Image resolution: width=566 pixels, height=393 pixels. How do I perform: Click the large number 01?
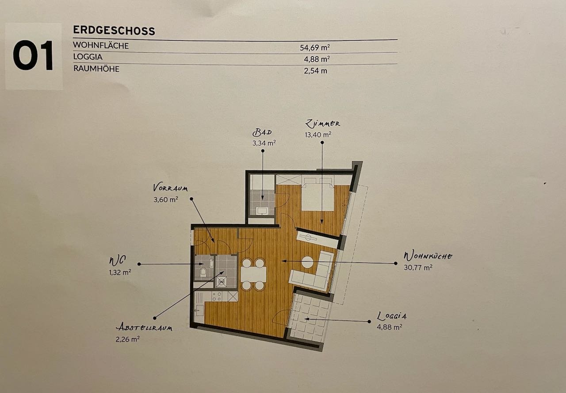(x=33, y=55)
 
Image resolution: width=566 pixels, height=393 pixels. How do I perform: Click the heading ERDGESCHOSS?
(x=114, y=31)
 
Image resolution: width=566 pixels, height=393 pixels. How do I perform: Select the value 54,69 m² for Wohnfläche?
(x=314, y=47)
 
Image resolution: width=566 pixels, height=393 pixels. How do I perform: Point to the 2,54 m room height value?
(x=315, y=71)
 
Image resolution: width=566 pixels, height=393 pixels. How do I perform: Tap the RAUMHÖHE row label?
(x=96, y=69)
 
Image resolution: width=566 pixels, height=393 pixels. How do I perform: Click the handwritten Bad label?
(x=262, y=132)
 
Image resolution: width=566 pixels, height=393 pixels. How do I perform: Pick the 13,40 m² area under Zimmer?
(x=318, y=135)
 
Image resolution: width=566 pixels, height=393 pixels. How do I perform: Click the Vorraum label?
(x=170, y=188)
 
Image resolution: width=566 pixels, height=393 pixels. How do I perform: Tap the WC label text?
(x=117, y=261)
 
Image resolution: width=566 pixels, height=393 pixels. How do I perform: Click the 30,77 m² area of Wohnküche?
(x=418, y=267)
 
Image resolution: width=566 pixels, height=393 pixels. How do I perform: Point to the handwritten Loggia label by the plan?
(x=391, y=316)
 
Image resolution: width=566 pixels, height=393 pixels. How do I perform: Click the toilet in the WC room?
(x=203, y=272)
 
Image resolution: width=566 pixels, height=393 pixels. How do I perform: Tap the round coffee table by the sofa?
(x=307, y=262)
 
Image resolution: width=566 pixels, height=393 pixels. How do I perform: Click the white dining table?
(x=253, y=274)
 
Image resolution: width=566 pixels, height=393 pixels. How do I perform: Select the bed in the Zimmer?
(x=318, y=194)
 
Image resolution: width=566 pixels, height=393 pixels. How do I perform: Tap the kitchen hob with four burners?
(x=217, y=297)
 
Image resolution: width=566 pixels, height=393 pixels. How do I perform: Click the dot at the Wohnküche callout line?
(x=395, y=263)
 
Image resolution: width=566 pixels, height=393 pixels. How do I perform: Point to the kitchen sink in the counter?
(x=199, y=310)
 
